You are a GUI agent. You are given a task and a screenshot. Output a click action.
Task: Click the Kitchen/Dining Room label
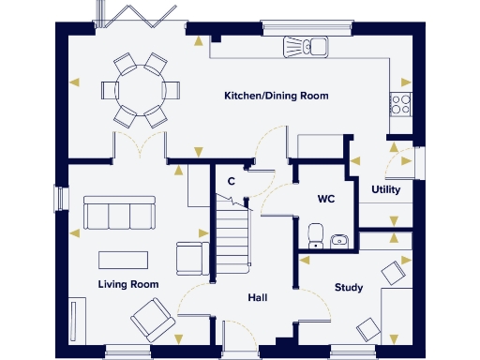[276, 97]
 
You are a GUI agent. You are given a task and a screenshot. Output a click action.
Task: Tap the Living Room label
[128, 283]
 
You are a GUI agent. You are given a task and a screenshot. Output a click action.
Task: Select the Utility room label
[385, 189]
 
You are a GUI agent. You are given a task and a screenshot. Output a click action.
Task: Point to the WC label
[326, 200]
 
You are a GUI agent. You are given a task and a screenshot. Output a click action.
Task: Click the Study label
[349, 287]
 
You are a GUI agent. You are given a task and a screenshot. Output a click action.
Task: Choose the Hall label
[258, 297]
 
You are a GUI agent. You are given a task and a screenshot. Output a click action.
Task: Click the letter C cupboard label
[231, 181]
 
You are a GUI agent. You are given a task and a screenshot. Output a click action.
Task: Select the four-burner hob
[401, 102]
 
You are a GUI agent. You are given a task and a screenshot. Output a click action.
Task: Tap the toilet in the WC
[316, 234]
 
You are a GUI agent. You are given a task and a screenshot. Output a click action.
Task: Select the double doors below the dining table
[140, 146]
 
